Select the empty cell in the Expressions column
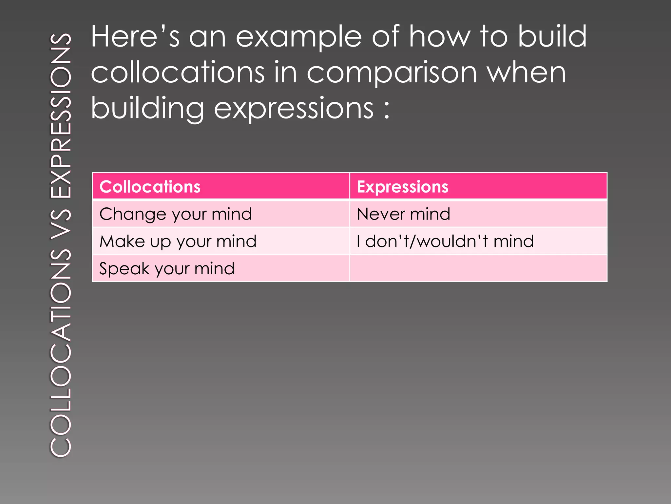(478, 268)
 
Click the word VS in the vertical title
(61, 223)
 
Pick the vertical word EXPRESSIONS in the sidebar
(61, 116)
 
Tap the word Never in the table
(380, 214)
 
